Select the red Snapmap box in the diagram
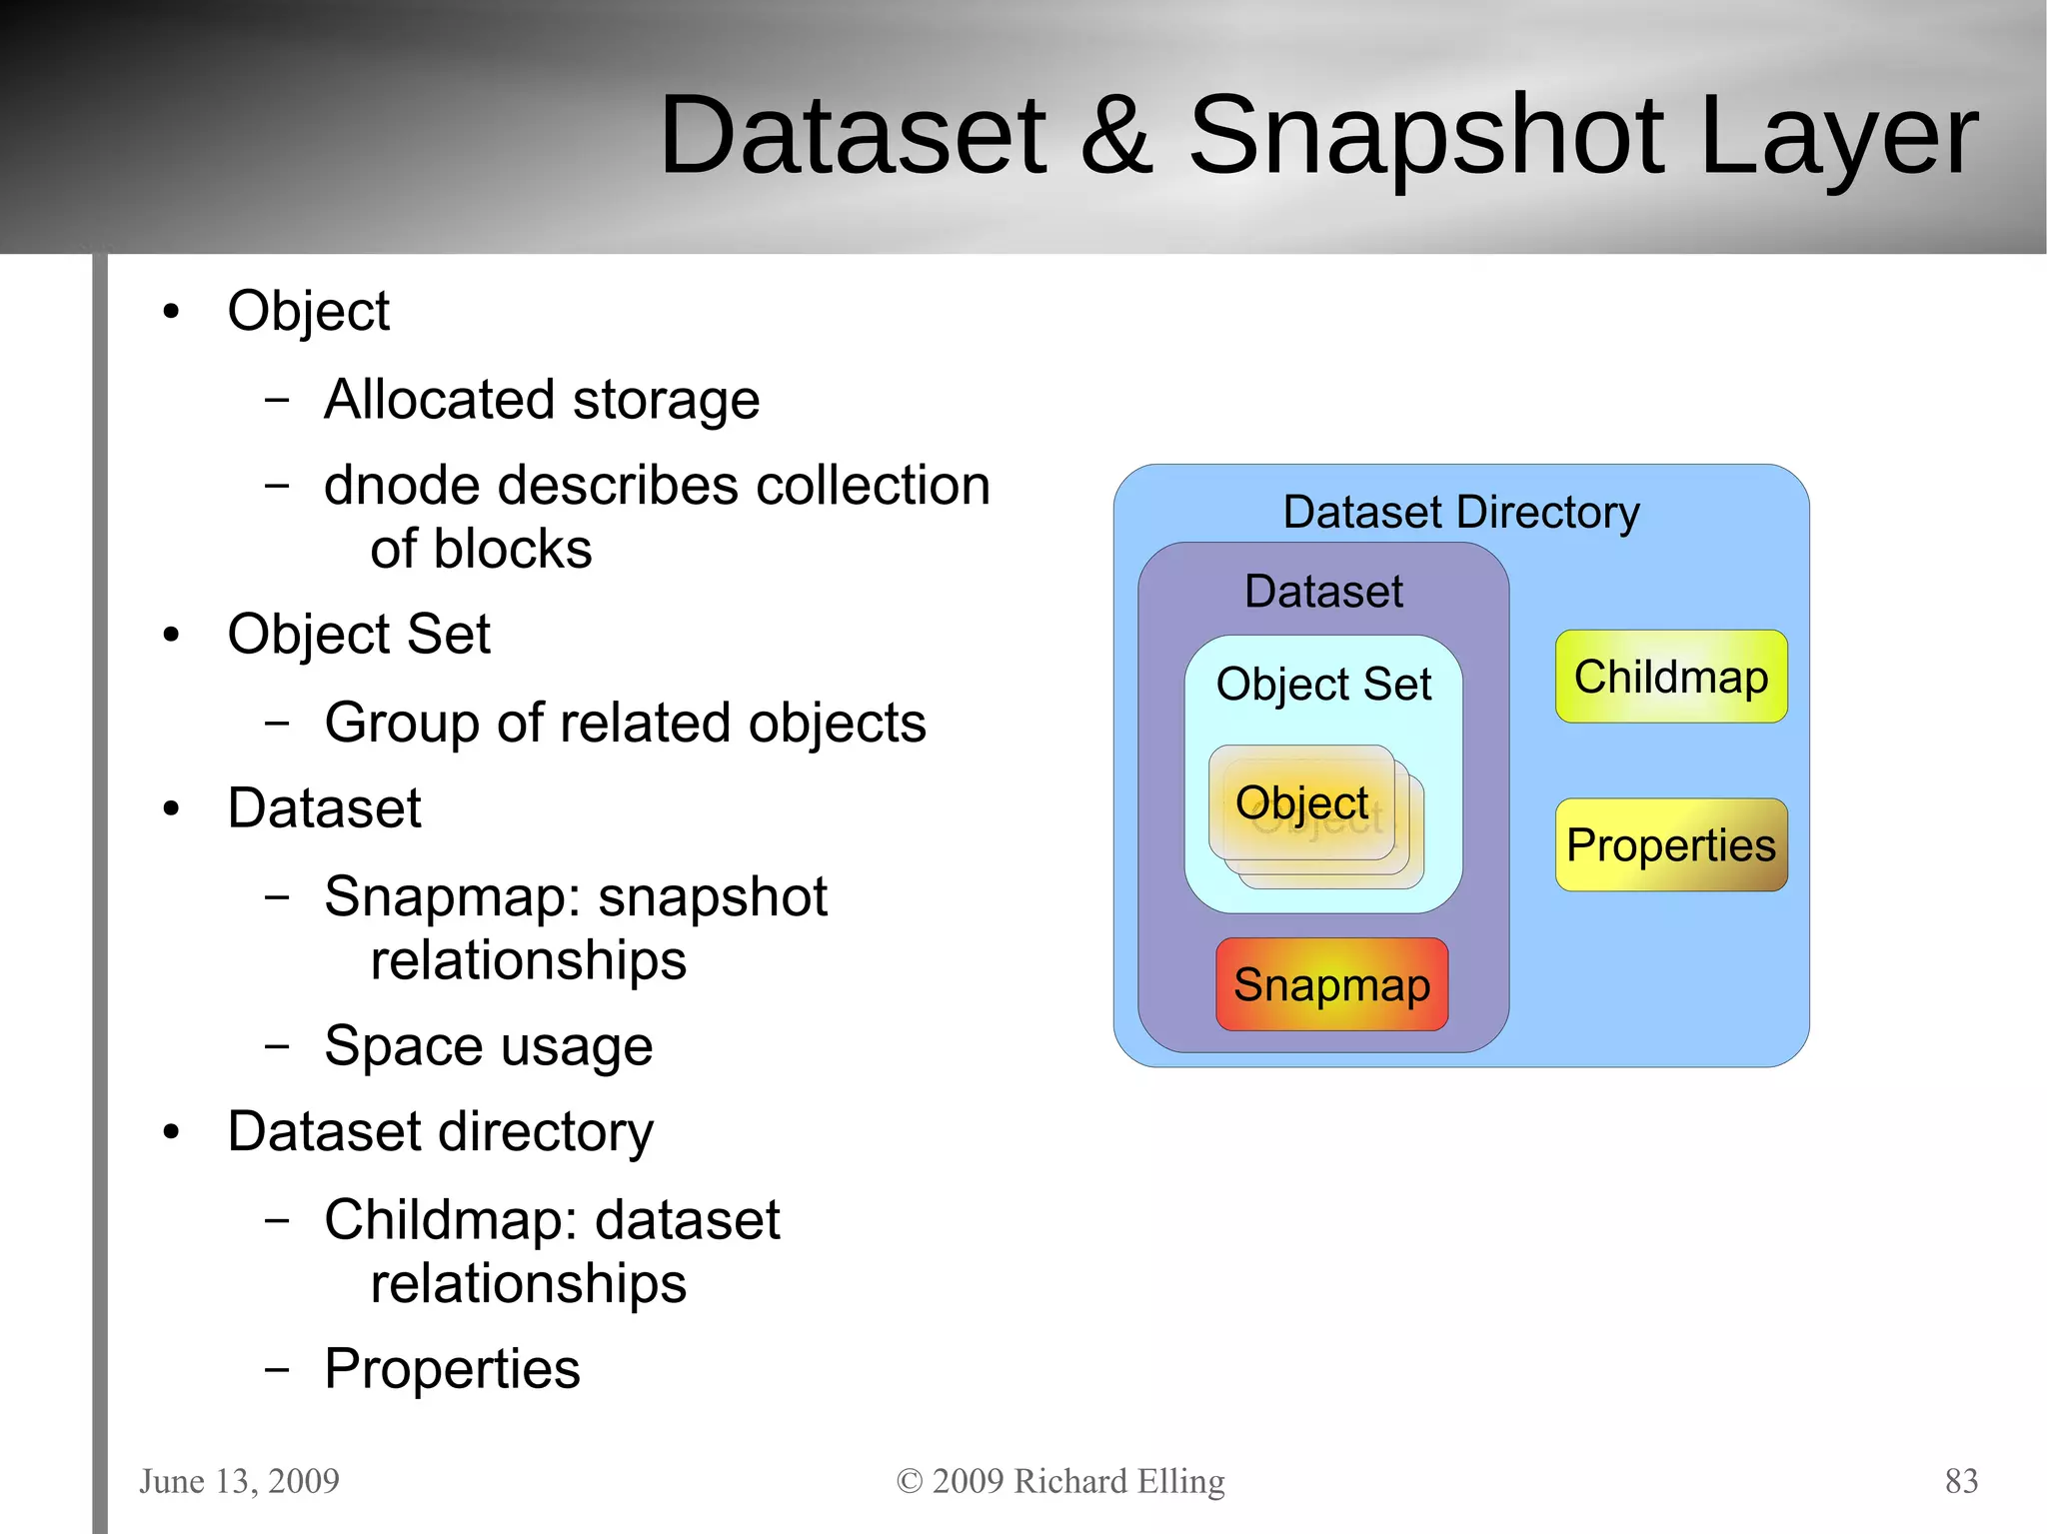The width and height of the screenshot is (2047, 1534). point(1331,984)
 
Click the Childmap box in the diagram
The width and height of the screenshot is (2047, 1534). point(1670,677)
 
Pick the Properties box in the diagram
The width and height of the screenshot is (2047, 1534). point(1670,845)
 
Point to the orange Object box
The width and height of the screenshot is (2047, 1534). point(1301,802)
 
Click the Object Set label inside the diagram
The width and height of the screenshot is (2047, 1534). point(1323,685)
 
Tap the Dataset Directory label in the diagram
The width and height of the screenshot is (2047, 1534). point(1460,512)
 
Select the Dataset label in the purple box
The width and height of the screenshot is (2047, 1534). point(1323,592)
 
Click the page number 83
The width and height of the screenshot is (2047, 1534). point(1961,1480)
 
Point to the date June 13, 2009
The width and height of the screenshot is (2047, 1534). point(239,1480)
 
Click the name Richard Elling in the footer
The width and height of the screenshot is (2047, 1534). point(1118,1480)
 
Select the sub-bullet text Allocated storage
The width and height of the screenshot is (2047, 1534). point(542,400)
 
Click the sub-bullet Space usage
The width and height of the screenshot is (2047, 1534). point(489,1046)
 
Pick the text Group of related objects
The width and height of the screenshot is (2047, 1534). point(625,723)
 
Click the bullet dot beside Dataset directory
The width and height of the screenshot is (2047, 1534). point(172,1132)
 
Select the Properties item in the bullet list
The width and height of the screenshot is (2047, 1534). point(452,1369)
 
